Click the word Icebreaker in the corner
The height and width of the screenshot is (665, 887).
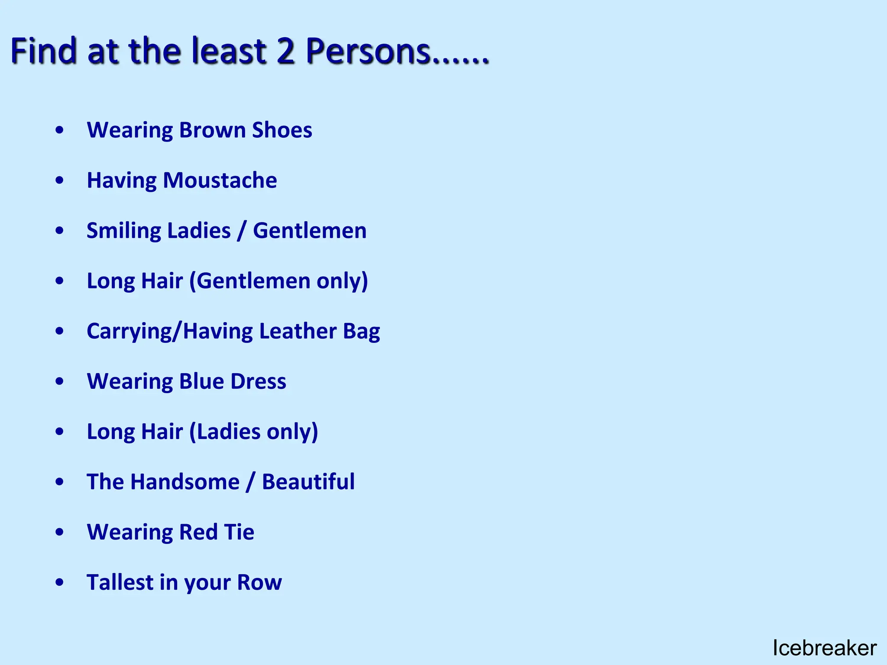(x=824, y=648)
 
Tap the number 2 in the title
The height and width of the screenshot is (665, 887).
(x=285, y=51)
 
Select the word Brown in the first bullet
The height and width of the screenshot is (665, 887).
(x=212, y=130)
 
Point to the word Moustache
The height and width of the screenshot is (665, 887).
(x=220, y=180)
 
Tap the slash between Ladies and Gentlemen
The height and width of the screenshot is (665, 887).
(x=242, y=231)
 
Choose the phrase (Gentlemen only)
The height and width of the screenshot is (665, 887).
(x=278, y=281)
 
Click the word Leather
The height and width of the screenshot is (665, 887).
(x=298, y=331)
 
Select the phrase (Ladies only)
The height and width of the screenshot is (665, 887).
(x=254, y=432)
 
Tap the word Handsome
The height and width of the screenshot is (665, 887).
(x=185, y=482)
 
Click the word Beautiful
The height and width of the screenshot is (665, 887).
(x=308, y=482)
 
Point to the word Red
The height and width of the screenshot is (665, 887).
(x=198, y=532)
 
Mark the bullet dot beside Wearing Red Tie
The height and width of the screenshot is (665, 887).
(x=60, y=532)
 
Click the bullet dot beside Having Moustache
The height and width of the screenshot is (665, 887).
(x=60, y=180)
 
